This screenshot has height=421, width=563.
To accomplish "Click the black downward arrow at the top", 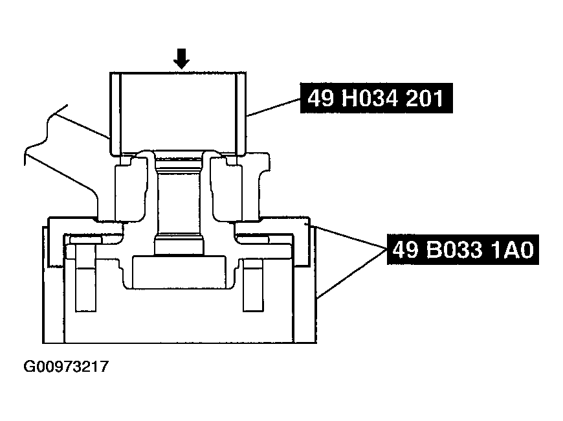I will (182, 60).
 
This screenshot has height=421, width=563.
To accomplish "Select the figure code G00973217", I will (66, 367).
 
